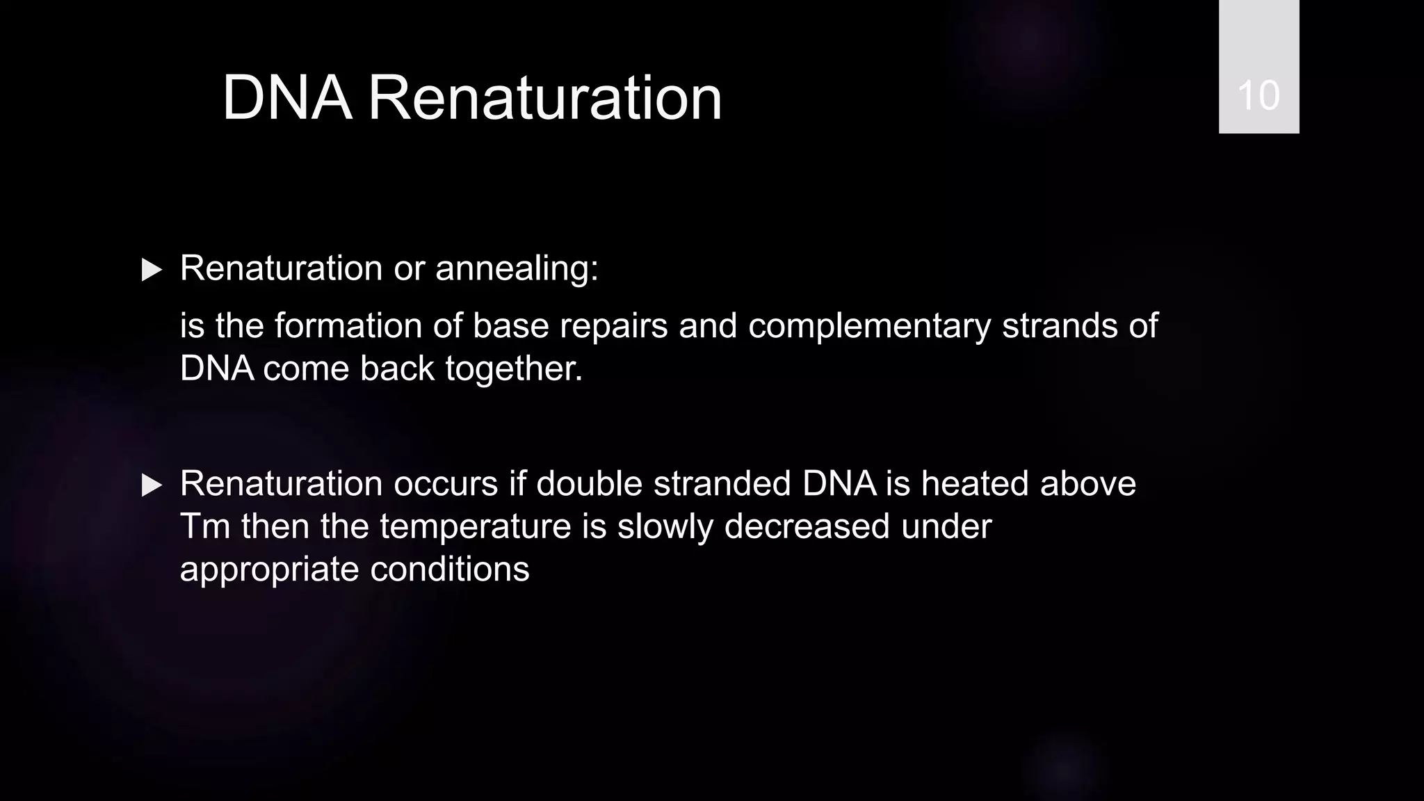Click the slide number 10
coord(1259,95)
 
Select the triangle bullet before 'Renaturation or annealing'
coord(151,270)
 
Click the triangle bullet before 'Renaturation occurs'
coord(151,485)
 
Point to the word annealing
coord(517,269)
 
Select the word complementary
coord(869,327)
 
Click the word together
coord(514,369)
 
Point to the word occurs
coord(446,484)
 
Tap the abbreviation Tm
coord(205,526)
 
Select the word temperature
coord(476,527)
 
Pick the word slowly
coord(665,527)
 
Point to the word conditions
coord(450,569)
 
